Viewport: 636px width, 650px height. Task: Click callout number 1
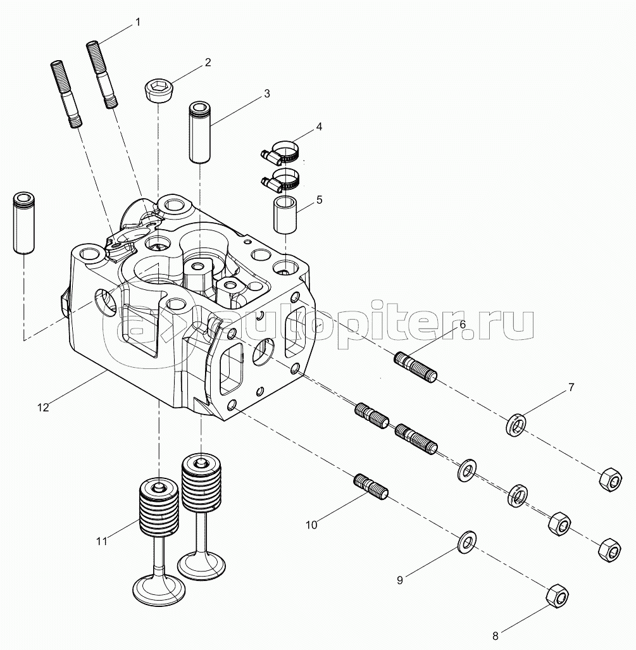pos(138,22)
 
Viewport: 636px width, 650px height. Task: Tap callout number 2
pos(208,63)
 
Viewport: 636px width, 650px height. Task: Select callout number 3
pos(267,94)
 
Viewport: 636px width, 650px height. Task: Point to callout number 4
pos(319,127)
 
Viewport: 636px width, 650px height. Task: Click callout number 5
pos(319,200)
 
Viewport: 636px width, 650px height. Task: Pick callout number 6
pos(463,325)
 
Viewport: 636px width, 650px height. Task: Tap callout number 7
pos(571,387)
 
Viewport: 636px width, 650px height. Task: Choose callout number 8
pos(495,635)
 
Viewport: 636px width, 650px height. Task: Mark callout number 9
pos(400,580)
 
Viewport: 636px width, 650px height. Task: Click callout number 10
pos(311,525)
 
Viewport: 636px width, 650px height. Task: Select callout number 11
pos(102,541)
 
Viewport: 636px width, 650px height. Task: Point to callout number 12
pos(43,408)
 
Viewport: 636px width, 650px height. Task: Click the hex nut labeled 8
pos(558,596)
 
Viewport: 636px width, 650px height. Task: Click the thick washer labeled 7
pos(516,424)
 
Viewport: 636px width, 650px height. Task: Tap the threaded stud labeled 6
pos(415,367)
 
